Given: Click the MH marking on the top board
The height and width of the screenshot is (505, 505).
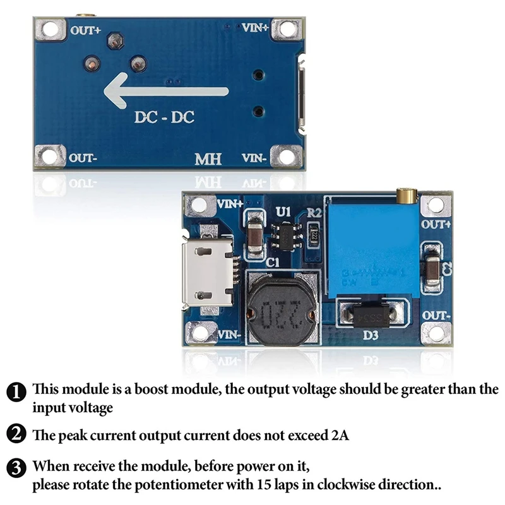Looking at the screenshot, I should click(208, 158).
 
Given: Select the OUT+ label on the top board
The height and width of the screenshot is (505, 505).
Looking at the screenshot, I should click(86, 30).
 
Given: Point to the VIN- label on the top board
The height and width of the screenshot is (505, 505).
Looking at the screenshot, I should click(255, 158).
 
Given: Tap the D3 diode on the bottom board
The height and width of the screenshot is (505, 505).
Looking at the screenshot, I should click(371, 317).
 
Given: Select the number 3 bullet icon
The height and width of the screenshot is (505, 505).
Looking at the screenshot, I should click(17, 468).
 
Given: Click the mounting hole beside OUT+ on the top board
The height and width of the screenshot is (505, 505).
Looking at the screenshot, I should click(50, 29).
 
